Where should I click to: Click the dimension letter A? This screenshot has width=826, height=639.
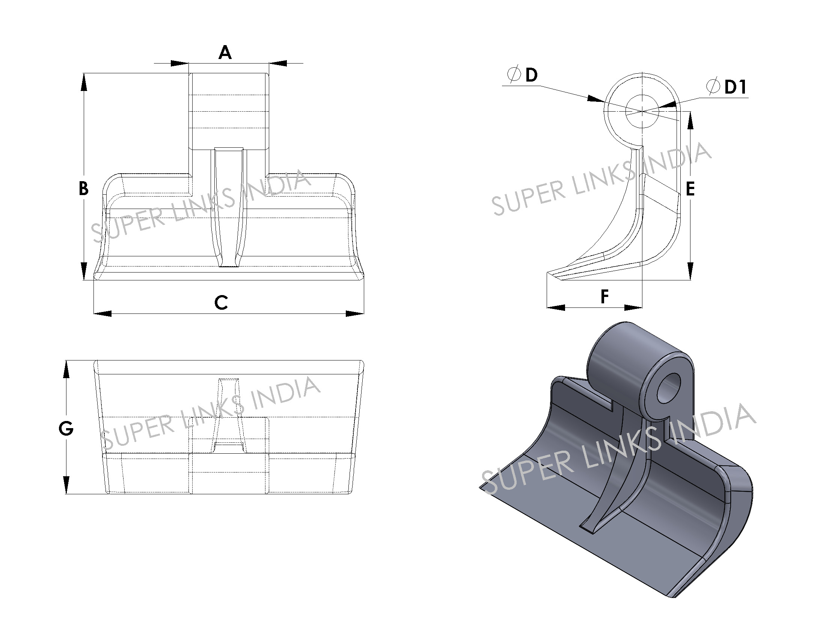[x=225, y=53]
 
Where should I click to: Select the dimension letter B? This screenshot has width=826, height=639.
[x=84, y=189]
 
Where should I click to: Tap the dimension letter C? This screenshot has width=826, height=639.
[x=221, y=303]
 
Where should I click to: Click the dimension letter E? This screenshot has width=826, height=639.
[x=690, y=189]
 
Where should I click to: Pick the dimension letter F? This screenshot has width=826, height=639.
[x=605, y=297]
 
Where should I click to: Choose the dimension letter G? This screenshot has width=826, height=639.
[x=66, y=429]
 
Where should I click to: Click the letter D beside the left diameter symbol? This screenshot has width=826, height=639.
[x=531, y=75]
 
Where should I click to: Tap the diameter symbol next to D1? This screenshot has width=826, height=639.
[x=713, y=87]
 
